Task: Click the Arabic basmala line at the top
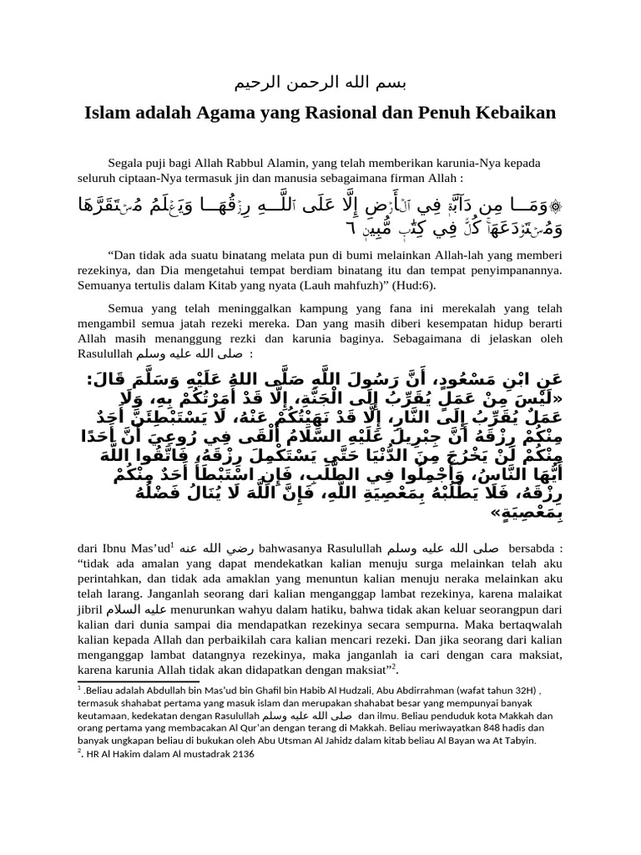(x=320, y=84)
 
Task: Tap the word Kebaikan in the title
(x=507, y=111)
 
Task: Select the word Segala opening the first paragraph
(x=127, y=164)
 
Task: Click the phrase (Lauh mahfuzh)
(x=337, y=285)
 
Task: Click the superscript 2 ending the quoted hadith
(x=396, y=667)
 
